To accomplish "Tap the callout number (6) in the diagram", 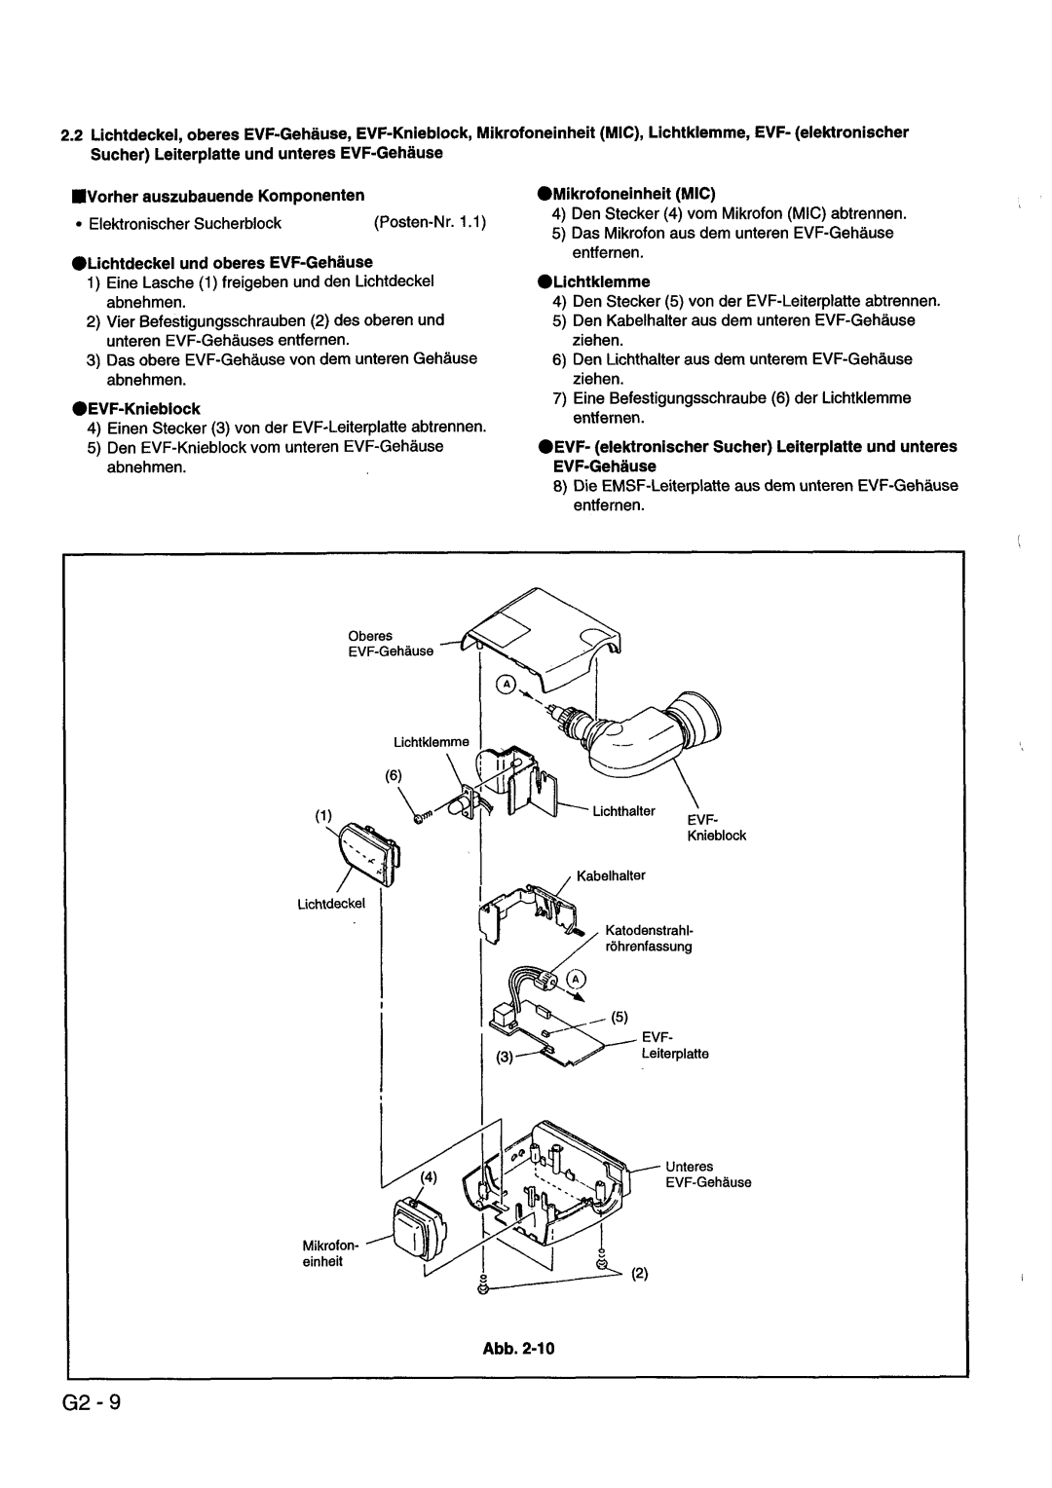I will click(393, 775).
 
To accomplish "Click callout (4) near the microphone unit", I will click(428, 1176).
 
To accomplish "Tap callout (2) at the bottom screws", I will click(639, 1272).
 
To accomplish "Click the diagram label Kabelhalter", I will click(611, 876).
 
